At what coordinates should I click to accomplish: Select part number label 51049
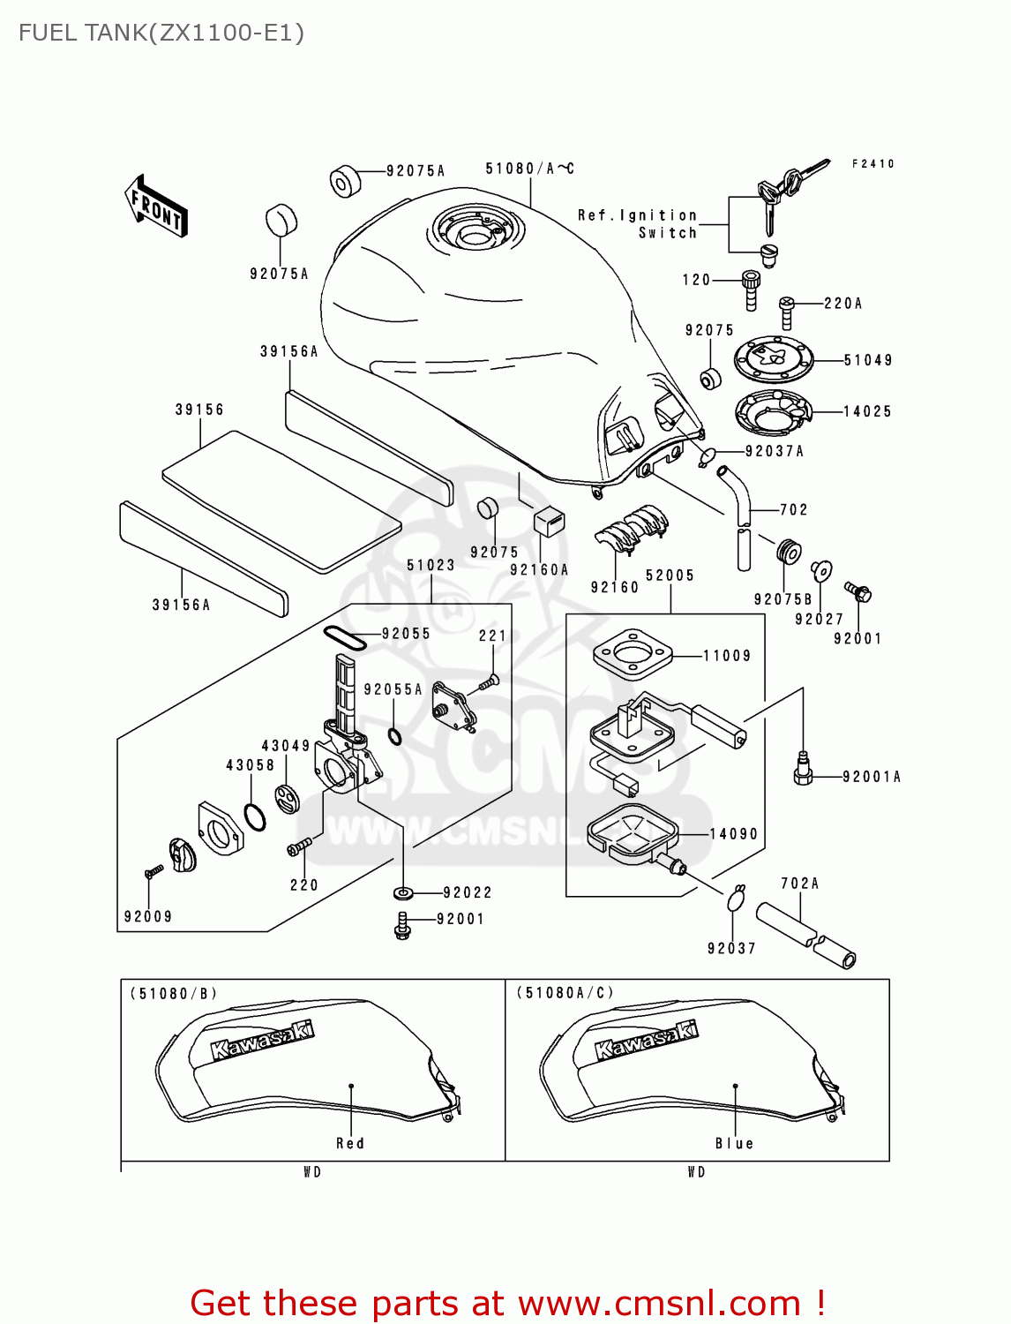[x=868, y=360]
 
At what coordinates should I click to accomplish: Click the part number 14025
[x=867, y=411]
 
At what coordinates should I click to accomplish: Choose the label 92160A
[x=539, y=570]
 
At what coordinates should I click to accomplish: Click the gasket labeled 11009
[x=633, y=654]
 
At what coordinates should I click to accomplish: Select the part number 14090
[x=734, y=833]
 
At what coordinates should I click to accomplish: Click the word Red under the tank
[x=350, y=1143]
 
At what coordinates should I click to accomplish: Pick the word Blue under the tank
[x=734, y=1143]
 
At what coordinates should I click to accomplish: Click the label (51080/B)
[x=174, y=994]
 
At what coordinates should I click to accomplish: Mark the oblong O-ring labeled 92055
[x=345, y=637]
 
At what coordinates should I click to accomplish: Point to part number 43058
[x=250, y=765]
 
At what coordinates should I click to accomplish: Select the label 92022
[x=468, y=893]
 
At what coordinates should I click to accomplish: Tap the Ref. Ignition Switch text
[x=638, y=224]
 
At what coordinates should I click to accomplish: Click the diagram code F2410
[x=873, y=164]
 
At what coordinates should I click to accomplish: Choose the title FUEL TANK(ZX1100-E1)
[x=161, y=33]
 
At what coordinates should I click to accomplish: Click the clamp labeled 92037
[x=736, y=899]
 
